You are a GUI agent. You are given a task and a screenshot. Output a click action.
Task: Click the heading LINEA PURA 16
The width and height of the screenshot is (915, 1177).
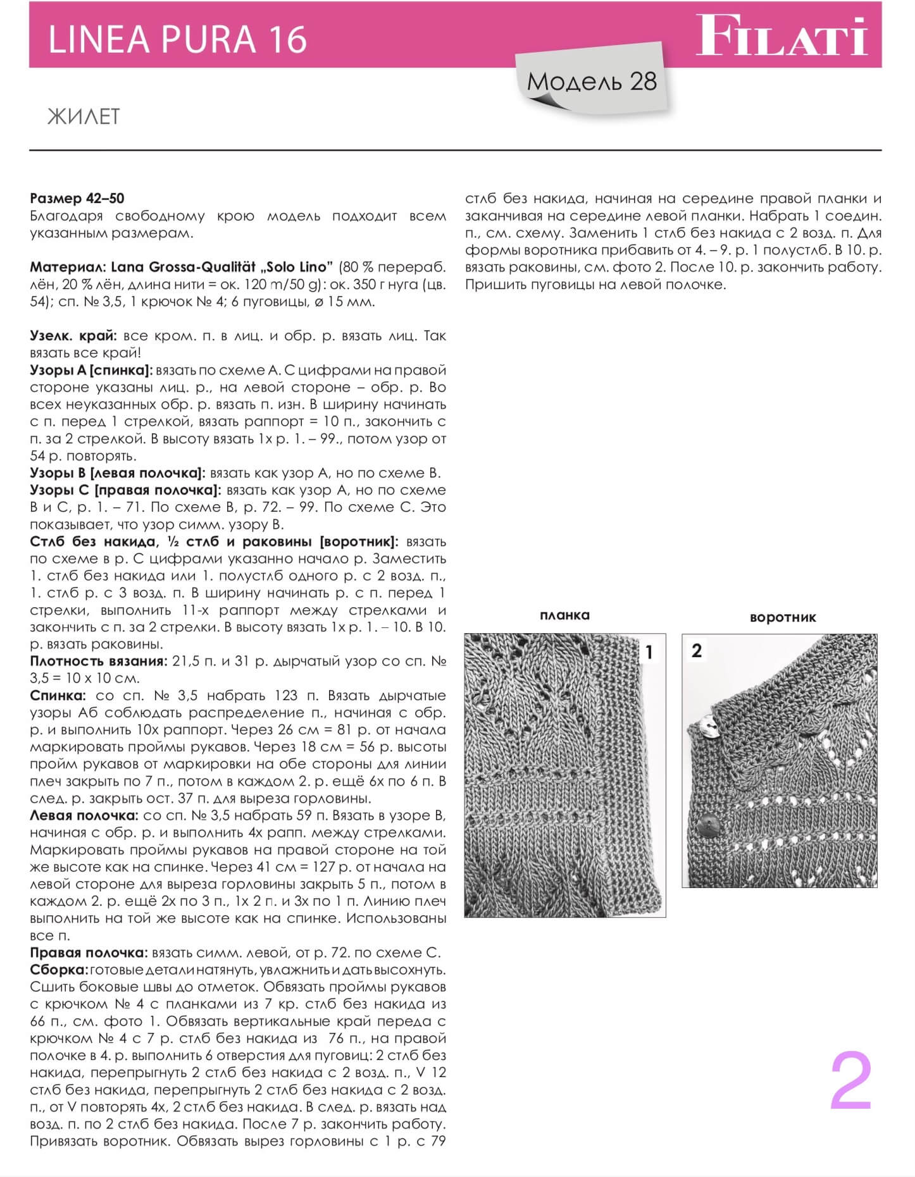coord(177,39)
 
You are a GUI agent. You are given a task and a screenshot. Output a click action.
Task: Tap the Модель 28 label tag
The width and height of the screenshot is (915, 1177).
coord(592,82)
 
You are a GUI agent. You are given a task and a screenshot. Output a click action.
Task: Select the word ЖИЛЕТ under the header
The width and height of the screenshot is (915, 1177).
coord(83,117)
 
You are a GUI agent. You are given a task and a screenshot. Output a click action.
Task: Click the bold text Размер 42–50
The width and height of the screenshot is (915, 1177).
coord(77,199)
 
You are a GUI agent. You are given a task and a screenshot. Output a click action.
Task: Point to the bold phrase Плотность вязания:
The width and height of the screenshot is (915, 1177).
coord(98,662)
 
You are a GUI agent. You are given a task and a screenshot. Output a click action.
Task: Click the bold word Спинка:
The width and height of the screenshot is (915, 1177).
coord(58,696)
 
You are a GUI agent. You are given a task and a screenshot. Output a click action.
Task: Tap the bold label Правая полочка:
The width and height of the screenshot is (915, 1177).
coord(89,953)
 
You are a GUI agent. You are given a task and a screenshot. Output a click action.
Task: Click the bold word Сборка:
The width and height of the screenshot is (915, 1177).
coord(58,970)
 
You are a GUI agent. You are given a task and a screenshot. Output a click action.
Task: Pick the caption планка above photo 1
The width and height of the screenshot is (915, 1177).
coord(564,615)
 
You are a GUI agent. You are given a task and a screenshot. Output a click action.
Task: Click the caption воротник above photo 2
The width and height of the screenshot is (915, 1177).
coord(783,617)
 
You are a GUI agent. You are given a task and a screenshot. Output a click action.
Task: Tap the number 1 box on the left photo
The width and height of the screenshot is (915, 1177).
coord(649,652)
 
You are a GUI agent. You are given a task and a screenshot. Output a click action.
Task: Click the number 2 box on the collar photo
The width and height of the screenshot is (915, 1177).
coord(697,651)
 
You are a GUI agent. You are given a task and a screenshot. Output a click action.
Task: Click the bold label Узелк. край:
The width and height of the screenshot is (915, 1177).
coord(73,336)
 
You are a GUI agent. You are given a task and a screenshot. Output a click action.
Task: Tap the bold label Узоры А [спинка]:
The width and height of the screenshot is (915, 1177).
coord(91,370)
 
